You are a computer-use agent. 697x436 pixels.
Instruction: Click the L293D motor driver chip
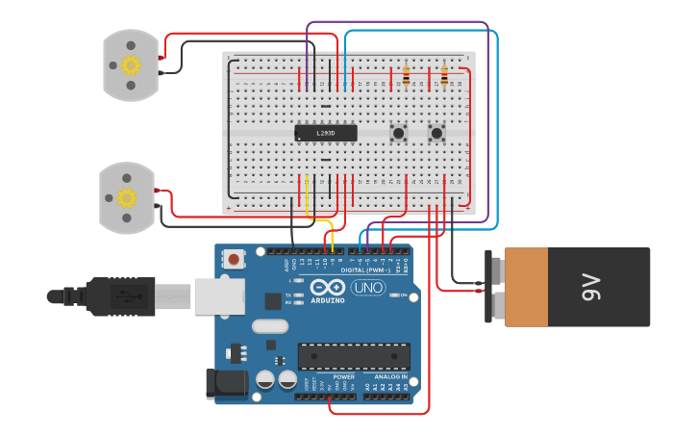point(325,133)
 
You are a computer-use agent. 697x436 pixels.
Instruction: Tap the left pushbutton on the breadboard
point(397,133)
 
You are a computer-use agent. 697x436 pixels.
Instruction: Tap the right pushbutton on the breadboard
point(436,133)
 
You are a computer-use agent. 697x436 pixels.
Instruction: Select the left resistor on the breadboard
point(406,74)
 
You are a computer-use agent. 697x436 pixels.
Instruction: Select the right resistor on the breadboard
point(443,74)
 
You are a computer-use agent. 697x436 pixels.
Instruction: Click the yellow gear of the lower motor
point(127,198)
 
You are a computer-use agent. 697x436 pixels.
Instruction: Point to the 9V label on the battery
point(591,286)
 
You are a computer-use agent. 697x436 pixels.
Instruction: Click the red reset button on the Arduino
point(234,258)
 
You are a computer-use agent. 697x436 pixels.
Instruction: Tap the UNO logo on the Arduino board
point(367,287)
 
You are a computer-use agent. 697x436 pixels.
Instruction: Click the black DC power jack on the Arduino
point(226,382)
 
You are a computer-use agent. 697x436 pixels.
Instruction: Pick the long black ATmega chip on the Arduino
point(354,356)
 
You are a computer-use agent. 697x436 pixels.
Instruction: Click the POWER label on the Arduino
point(343,376)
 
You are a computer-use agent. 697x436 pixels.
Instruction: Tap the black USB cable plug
point(120,295)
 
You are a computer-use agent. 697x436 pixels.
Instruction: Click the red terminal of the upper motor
point(161,57)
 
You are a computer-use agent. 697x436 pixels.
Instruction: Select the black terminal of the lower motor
point(157,208)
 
